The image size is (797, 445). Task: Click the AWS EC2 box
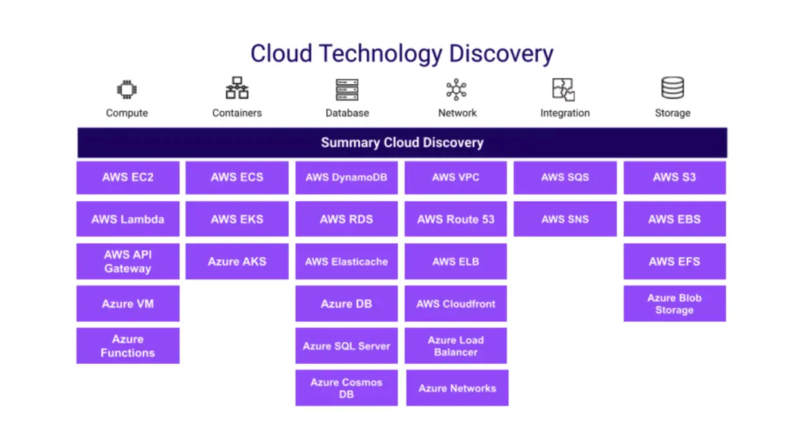pyautogui.click(x=128, y=177)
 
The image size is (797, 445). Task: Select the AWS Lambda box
pyautogui.click(x=128, y=219)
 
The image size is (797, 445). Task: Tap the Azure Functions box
pyautogui.click(x=128, y=346)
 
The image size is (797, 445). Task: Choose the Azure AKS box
pyautogui.click(x=237, y=261)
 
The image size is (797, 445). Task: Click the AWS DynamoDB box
pyautogui.click(x=346, y=177)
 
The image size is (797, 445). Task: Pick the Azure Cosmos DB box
pyautogui.click(x=346, y=388)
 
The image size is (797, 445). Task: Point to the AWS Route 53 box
pyautogui.click(x=456, y=219)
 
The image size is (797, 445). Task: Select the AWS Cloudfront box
pyautogui.click(x=456, y=304)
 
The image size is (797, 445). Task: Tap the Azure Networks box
pyautogui.click(x=457, y=388)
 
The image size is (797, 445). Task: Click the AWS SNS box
pyautogui.click(x=565, y=219)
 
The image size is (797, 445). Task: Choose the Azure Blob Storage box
pyautogui.click(x=674, y=304)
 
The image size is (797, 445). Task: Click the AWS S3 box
pyautogui.click(x=674, y=177)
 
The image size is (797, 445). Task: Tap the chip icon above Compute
pyautogui.click(x=127, y=90)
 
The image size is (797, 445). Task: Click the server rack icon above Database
pyautogui.click(x=347, y=90)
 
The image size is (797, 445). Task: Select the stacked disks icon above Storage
pyautogui.click(x=673, y=88)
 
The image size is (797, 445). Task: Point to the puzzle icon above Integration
pyautogui.click(x=563, y=90)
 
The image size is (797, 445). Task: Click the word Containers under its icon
pyautogui.click(x=237, y=113)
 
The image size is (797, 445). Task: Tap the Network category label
pyautogui.click(x=457, y=113)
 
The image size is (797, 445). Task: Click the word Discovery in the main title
pyautogui.click(x=501, y=54)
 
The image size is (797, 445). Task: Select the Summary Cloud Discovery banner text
pyautogui.click(x=402, y=143)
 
